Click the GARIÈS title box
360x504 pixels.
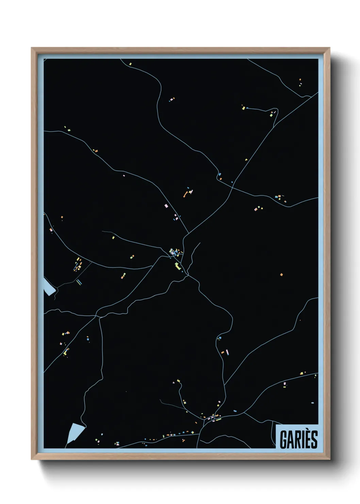pos(297,437)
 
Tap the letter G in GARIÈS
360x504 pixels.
pos(283,439)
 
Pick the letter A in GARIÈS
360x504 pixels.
pos(290,439)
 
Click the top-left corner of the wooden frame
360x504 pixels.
pos(32,48)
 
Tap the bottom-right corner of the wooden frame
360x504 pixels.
pos(329,459)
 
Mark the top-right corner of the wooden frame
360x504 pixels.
pos(329,48)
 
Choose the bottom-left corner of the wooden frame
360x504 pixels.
pos(32,459)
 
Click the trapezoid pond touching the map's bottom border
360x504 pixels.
pos(75,432)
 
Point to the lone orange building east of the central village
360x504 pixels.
pos(281,274)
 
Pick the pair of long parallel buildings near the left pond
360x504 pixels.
pos(79,282)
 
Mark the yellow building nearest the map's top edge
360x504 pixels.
pos(130,64)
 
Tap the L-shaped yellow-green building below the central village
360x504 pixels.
pos(177,265)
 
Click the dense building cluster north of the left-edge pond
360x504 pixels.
pos(78,264)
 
